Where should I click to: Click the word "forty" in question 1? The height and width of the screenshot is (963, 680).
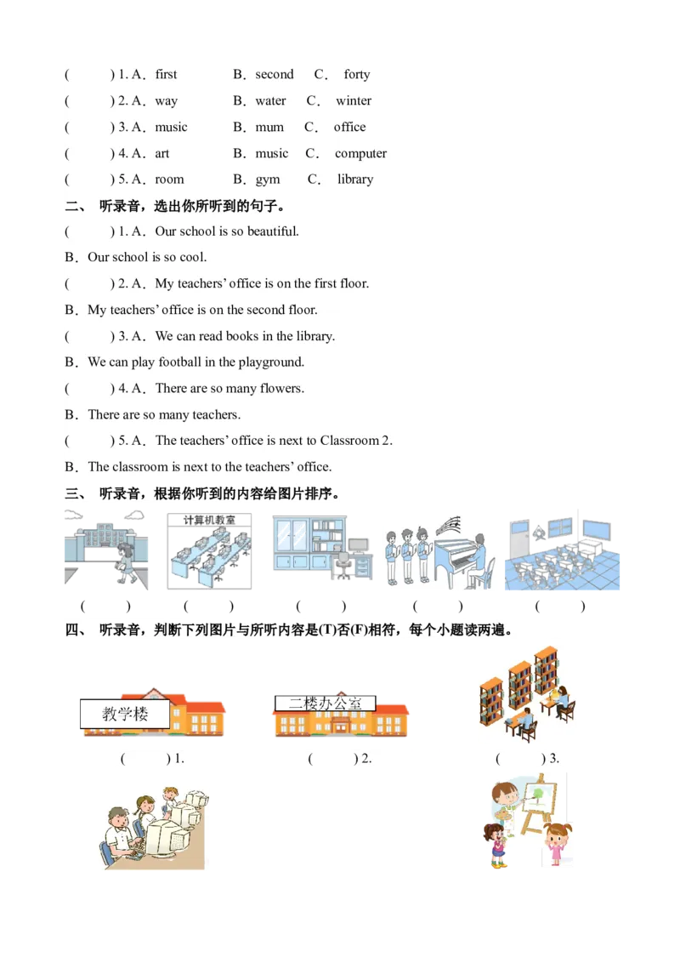coord(357,75)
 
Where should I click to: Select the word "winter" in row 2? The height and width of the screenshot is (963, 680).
coord(354,101)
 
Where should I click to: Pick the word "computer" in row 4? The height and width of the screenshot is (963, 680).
coord(360,154)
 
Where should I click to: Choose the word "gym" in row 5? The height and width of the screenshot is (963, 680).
coord(268,180)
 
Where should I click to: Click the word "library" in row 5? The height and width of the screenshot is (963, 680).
coord(355,179)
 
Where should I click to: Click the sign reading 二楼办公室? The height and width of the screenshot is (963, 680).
coord(325,704)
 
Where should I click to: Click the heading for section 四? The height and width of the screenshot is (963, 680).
coord(289,630)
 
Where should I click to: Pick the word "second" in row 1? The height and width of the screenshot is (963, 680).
coord(275,75)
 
